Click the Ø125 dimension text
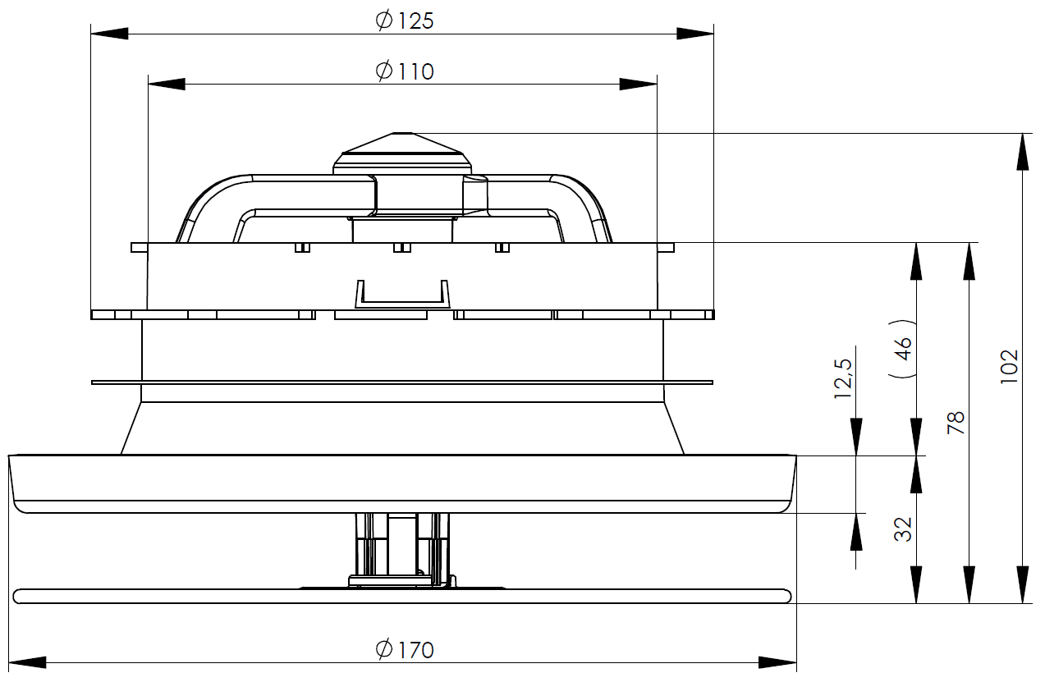[405, 21]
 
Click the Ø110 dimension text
[405, 71]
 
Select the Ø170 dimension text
[405, 650]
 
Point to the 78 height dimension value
[956, 423]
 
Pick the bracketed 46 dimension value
[902, 349]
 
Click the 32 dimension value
[903, 529]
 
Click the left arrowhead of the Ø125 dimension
[109, 34]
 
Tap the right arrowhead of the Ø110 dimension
[639, 84]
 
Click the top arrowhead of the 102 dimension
[1023, 151]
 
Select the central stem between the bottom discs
[401, 546]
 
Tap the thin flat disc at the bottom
[401, 596]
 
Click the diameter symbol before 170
[385, 650]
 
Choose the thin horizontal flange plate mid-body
[401, 382]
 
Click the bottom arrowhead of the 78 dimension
[969, 584]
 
